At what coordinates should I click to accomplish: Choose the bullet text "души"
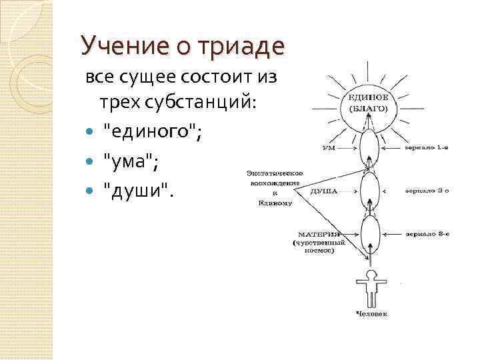click(137, 191)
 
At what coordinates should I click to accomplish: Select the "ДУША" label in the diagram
click(325, 191)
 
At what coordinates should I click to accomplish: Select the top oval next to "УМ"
click(369, 147)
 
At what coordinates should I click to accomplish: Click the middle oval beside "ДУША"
click(369, 191)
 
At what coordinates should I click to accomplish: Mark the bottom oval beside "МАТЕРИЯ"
click(369, 235)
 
